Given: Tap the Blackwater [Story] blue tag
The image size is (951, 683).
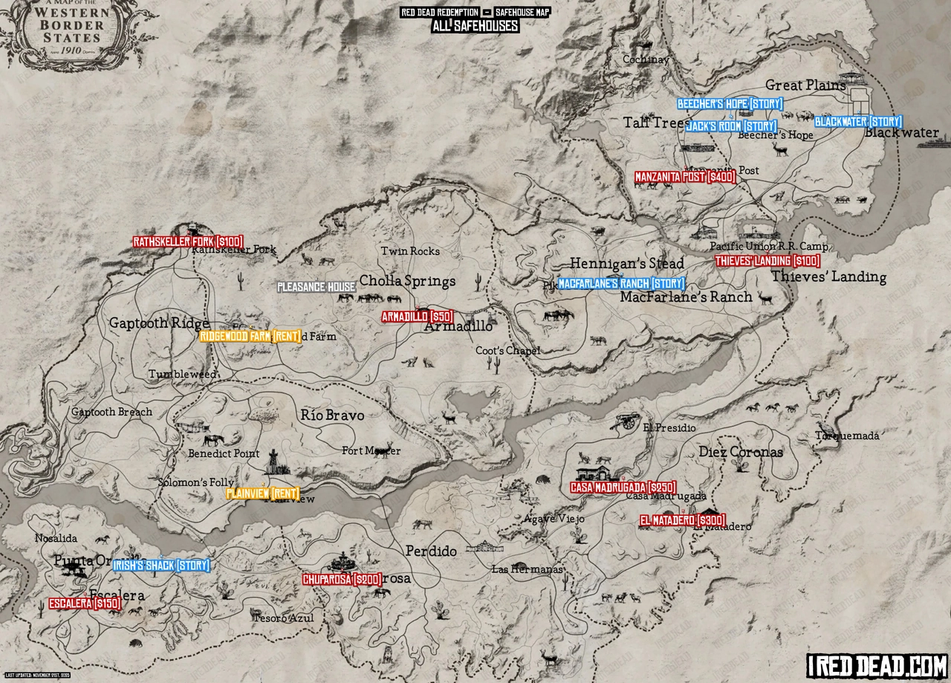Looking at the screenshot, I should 858,121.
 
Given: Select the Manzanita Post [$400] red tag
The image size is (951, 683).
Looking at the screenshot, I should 684,177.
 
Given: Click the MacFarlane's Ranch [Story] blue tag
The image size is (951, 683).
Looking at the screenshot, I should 620,283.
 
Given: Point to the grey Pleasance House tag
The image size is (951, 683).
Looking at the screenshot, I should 316,287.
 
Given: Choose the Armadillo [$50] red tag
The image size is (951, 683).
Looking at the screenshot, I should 417,317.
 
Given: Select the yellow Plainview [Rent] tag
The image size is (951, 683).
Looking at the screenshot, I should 263,493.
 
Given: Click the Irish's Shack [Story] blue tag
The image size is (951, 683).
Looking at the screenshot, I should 161,566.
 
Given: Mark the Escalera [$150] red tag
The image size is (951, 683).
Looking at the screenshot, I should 85,604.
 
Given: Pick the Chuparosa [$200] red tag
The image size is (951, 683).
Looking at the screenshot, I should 343,579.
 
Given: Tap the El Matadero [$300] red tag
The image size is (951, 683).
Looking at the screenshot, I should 681,520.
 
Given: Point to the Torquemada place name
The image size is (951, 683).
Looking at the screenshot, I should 846,436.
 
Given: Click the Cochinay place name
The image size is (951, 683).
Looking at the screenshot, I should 646,59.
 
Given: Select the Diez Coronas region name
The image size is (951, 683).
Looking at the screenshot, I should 740,452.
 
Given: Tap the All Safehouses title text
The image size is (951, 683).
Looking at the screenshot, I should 475,26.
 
